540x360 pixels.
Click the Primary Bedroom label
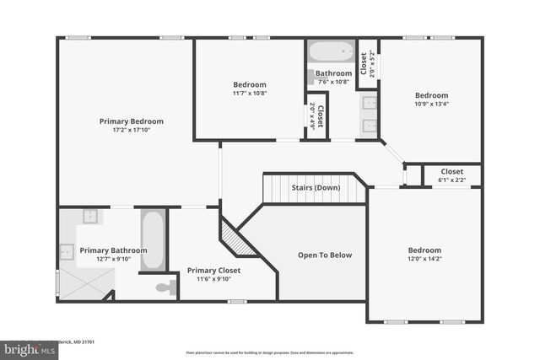tap(131, 121)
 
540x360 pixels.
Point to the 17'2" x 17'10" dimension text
tap(131, 130)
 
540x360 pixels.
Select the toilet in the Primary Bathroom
tap(165, 287)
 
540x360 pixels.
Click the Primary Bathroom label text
tap(113, 250)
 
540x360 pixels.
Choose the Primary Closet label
tap(213, 271)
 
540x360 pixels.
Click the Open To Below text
tap(325, 255)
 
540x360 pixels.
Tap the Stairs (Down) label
tap(316, 187)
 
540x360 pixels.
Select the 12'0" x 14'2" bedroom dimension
tap(424, 259)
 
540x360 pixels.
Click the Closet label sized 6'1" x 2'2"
tap(451, 172)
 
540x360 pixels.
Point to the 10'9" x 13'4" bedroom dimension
tap(431, 105)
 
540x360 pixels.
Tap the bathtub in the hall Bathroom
tap(332, 51)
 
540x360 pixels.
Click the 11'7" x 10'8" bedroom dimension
tap(250, 93)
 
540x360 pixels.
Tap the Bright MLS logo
tap(25, 347)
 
